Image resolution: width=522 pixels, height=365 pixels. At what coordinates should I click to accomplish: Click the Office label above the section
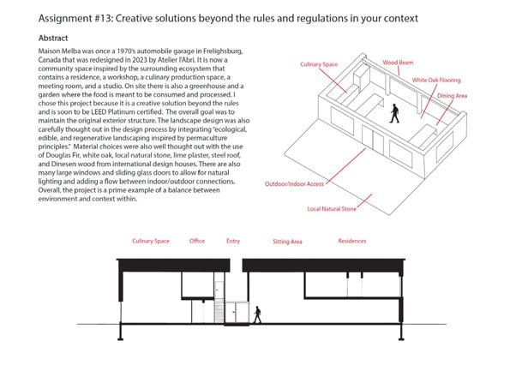(x=196, y=242)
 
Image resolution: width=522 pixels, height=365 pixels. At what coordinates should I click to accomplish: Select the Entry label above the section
(x=233, y=242)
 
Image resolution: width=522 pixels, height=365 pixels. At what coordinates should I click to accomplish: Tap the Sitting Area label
(x=287, y=242)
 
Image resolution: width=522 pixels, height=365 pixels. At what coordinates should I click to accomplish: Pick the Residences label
(x=352, y=242)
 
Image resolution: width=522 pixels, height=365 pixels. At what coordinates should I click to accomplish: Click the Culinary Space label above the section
(x=150, y=242)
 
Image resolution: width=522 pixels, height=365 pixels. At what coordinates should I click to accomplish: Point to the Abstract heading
(x=56, y=39)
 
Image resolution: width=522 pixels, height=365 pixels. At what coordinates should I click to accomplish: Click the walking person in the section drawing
(x=258, y=314)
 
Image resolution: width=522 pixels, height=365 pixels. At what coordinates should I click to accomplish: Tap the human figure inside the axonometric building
(x=394, y=113)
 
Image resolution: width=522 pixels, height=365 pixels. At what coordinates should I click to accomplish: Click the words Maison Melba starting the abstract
(x=63, y=53)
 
